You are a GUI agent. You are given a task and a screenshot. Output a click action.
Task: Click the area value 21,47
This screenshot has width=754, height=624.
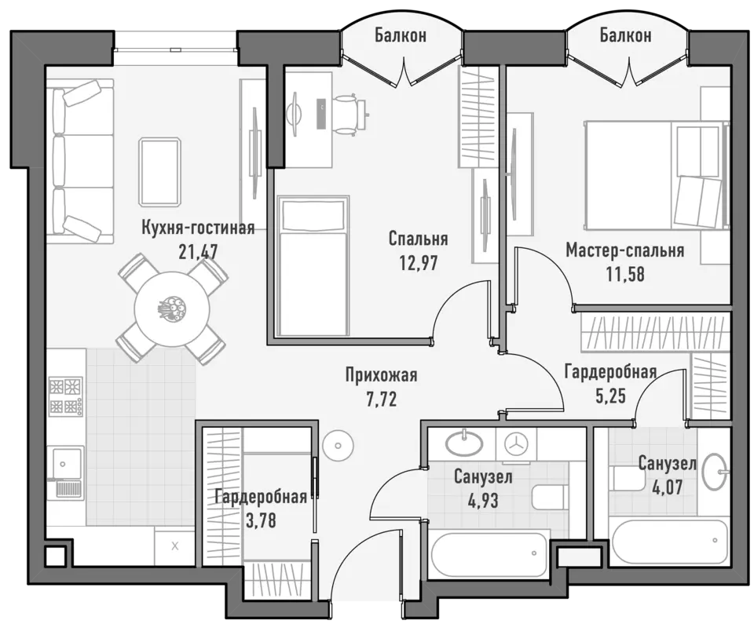[198, 251]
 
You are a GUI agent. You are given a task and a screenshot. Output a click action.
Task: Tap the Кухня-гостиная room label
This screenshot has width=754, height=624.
[198, 228]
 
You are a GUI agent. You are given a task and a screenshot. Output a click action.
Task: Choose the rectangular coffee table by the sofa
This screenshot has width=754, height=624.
[160, 172]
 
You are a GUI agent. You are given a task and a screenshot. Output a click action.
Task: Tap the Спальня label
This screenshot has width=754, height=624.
[418, 239]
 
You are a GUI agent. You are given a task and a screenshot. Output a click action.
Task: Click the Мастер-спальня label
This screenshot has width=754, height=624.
[624, 250]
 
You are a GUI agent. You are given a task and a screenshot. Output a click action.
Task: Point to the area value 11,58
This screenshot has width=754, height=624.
[624, 274]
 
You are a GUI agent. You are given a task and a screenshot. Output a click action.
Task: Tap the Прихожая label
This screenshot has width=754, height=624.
[382, 375]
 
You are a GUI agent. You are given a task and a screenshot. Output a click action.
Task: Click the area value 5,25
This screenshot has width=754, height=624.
[610, 396]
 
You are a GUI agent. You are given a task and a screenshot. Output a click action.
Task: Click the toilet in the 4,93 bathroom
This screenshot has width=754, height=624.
[550, 497]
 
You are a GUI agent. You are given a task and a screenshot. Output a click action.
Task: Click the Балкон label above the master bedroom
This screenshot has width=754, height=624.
[626, 35]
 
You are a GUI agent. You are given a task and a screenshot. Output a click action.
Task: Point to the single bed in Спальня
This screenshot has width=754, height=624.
[313, 266]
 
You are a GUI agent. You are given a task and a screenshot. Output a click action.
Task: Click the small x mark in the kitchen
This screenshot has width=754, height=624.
[175, 546]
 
